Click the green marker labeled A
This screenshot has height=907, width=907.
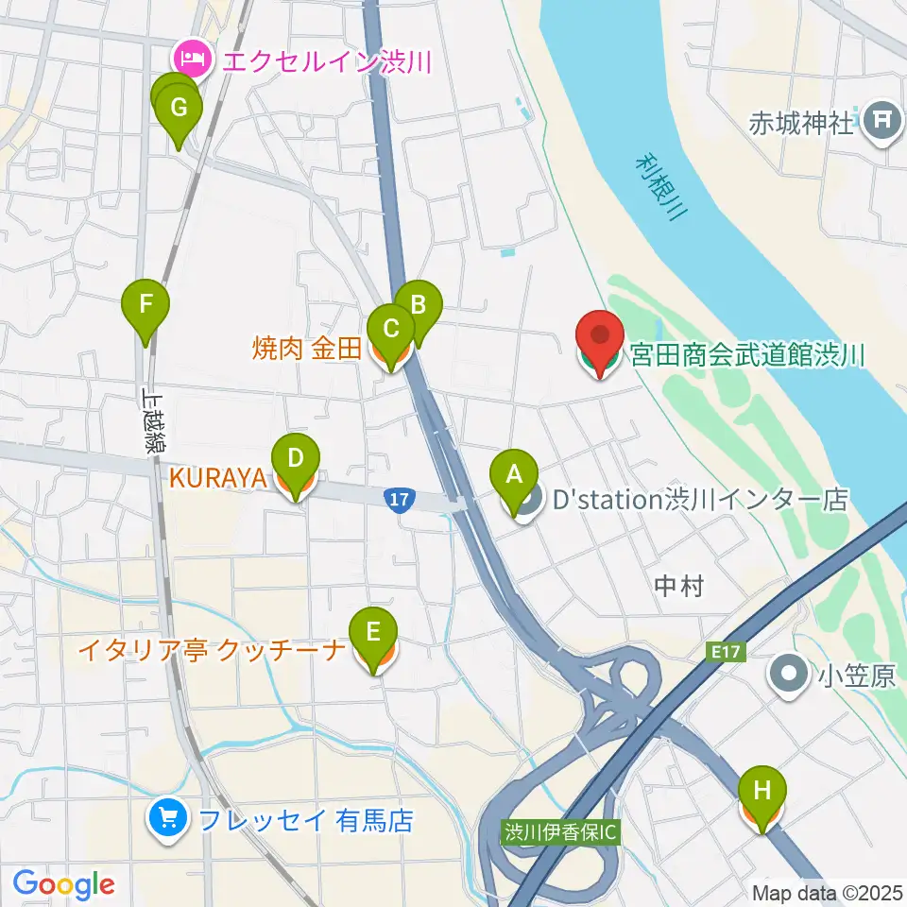514,475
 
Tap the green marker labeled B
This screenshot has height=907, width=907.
418,306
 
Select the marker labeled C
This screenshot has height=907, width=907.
391,330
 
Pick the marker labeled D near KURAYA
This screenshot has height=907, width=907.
296,460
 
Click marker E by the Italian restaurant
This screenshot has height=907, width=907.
374,632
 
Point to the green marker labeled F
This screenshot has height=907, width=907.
146,306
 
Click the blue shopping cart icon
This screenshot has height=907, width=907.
169,816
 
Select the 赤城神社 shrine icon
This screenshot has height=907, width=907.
881,121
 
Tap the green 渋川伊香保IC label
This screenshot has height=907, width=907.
560,832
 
